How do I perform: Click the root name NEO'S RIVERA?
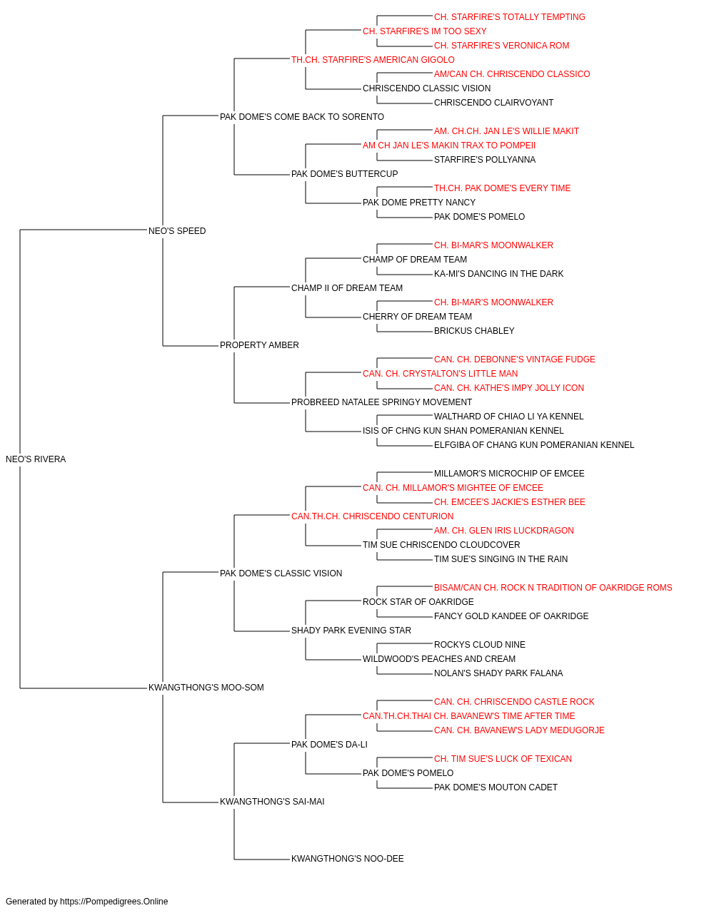(36, 459)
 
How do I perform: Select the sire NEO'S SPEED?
(177, 231)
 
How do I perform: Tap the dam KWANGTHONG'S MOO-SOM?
(206, 688)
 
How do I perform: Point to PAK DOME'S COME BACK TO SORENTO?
(302, 117)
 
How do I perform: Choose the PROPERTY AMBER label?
(259, 345)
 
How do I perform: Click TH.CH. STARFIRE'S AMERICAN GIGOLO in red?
(373, 60)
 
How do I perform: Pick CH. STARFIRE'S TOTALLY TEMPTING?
(510, 17)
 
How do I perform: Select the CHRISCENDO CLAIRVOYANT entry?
(493, 103)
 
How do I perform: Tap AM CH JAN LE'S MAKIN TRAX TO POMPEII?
(449, 146)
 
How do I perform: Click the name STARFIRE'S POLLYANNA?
(485, 160)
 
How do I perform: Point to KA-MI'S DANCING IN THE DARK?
(498, 273)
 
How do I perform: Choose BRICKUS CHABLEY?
(474, 331)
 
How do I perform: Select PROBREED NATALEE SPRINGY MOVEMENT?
(382, 402)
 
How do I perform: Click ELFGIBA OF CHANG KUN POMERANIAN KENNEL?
(534, 445)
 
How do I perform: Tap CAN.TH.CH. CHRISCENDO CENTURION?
(373, 516)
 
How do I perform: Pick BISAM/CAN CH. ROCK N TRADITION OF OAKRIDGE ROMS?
(553, 587)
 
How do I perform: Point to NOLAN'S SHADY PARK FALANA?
(498, 673)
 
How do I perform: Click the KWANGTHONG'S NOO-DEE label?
(347, 858)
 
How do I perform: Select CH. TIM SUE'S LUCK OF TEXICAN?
(503, 759)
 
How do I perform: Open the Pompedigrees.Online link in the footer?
(114, 902)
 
